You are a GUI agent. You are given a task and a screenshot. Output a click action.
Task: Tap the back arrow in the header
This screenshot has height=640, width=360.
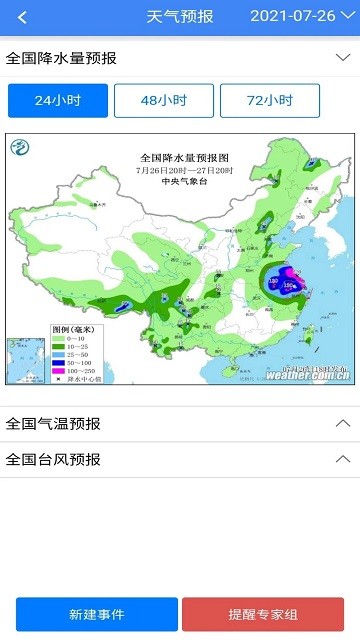click(22, 17)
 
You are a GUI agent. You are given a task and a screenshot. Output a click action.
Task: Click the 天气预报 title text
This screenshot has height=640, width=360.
click(180, 17)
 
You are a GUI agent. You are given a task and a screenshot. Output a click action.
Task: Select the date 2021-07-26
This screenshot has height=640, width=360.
click(292, 17)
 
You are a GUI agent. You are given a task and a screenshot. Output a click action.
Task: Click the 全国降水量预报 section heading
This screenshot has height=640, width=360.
click(61, 58)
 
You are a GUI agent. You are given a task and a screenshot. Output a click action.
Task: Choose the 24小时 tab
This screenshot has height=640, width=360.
click(57, 100)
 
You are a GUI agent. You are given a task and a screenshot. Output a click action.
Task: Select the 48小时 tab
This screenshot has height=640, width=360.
click(164, 100)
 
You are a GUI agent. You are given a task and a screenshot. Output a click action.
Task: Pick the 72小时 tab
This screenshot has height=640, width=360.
click(270, 100)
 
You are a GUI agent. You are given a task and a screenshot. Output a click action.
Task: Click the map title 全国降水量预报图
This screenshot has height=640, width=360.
click(185, 158)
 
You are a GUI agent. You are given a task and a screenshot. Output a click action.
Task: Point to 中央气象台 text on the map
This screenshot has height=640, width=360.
click(185, 181)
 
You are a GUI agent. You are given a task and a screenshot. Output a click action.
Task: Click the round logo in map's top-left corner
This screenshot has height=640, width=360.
click(20, 148)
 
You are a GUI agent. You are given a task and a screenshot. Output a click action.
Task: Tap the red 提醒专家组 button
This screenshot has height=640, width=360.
click(263, 614)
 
